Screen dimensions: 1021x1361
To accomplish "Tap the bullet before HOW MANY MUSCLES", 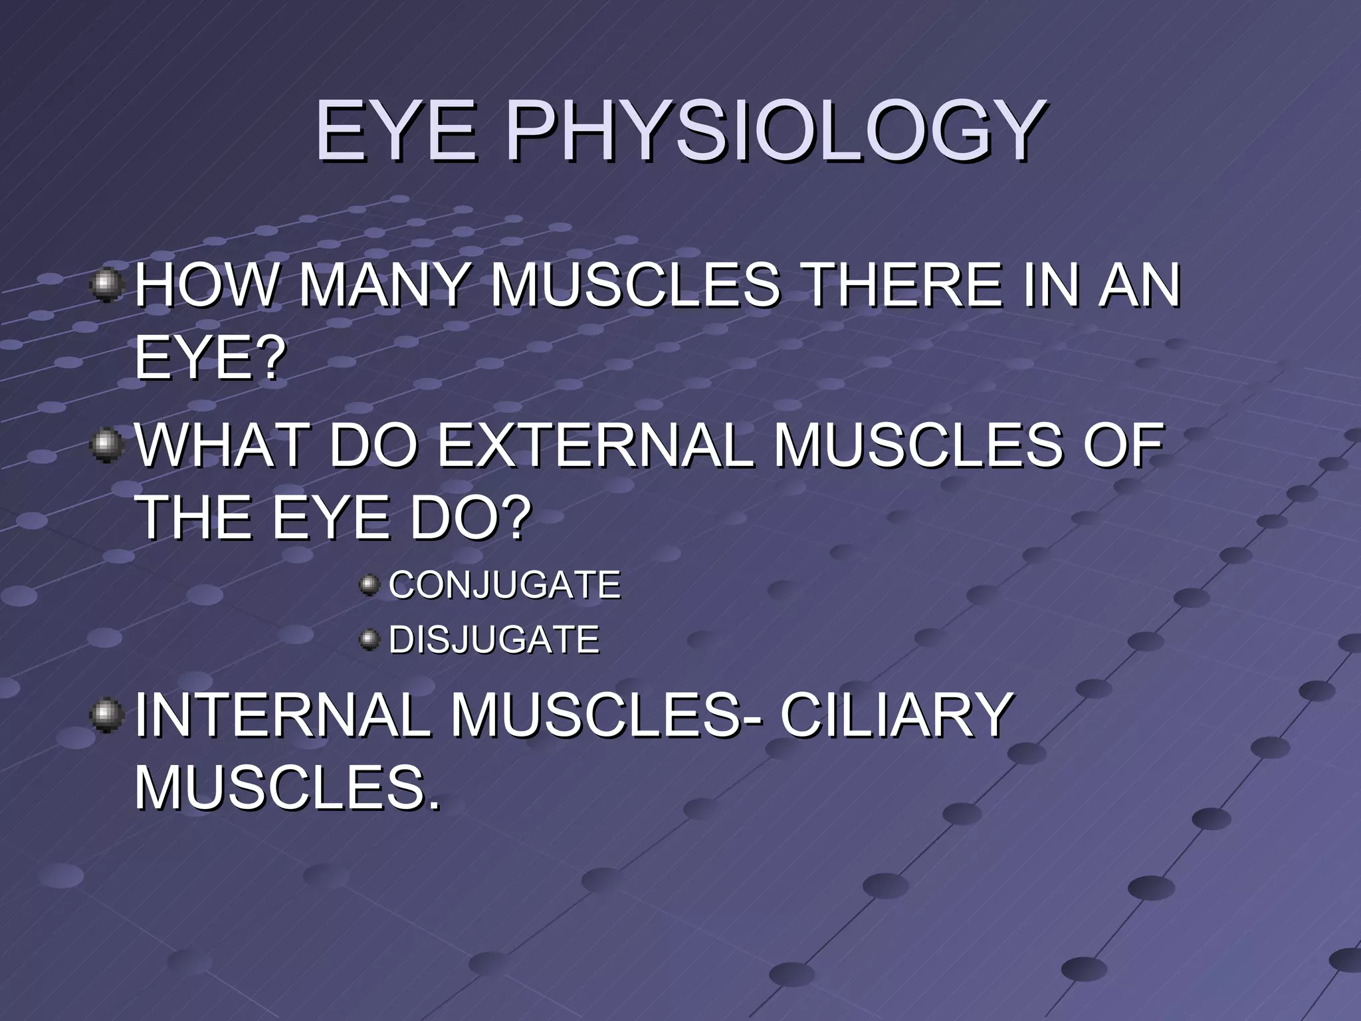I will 106,285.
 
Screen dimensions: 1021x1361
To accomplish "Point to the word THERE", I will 903,285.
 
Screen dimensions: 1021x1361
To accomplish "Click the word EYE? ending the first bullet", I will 210,358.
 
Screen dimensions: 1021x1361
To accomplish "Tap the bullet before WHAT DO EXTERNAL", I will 106,445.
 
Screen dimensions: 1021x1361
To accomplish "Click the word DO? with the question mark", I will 471,518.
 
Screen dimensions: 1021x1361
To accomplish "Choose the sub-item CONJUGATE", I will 504,585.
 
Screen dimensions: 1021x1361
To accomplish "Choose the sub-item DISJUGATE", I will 494,639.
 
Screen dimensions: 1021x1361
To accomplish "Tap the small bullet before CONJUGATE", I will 369,585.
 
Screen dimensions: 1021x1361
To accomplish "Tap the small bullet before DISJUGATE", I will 369,639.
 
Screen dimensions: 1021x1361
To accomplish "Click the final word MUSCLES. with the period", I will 287,788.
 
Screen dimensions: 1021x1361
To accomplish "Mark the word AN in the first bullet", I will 1138,285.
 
